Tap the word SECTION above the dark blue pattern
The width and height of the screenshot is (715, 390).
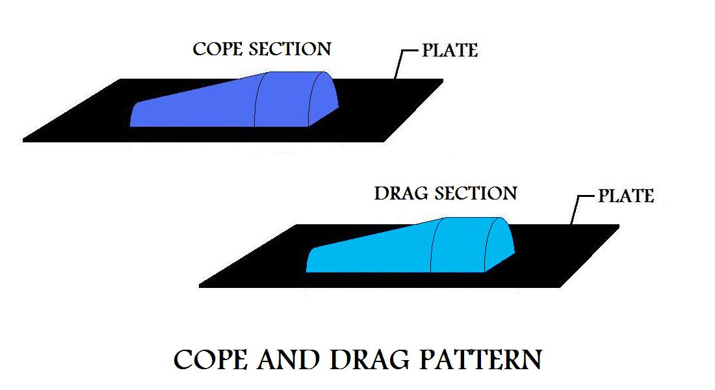pos(290,49)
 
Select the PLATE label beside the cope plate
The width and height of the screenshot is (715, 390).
pos(450,50)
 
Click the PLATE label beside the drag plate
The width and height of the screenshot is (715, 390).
pos(626,196)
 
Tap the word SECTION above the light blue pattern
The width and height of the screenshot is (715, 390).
pos(476,194)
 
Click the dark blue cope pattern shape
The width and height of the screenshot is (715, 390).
pos(235,100)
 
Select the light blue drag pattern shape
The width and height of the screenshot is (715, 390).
pos(410,246)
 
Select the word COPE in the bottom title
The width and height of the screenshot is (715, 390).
pos(211,360)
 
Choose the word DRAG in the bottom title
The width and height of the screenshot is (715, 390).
pos(370,360)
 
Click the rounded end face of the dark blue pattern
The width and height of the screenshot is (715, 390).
pos(323,100)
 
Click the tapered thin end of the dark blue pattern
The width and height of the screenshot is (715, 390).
pos(136,114)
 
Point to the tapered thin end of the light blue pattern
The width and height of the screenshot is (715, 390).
pos(313,260)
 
